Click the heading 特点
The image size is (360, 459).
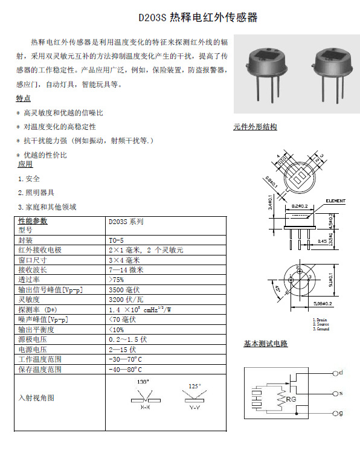[x=23, y=98]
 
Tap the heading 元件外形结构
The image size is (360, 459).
[x=255, y=127]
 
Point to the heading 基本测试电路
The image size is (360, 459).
[x=265, y=344]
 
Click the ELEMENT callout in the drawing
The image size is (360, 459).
[x=335, y=201]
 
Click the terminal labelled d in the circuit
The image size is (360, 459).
[x=339, y=373]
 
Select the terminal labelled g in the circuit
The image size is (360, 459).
[x=339, y=413]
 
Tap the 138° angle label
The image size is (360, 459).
[x=143, y=382]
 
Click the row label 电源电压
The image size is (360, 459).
[x=32, y=349]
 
